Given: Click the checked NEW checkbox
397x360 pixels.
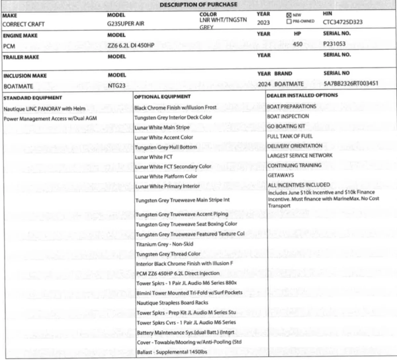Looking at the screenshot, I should tap(289, 15).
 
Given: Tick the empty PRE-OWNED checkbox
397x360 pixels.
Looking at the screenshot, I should tap(289, 21).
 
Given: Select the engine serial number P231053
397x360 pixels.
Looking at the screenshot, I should tap(334, 44).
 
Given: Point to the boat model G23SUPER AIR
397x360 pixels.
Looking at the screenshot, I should tap(126, 23).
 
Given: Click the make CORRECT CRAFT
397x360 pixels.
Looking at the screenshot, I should tap(24, 24).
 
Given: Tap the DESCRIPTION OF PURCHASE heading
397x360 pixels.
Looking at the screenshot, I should tap(198, 4).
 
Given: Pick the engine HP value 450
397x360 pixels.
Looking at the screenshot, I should tap(298, 44).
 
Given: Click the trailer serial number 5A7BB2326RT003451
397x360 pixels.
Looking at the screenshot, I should tap(351, 84).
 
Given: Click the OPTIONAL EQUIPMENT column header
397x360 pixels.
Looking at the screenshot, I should tap(162, 96).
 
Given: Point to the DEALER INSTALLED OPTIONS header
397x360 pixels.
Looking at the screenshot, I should tap(302, 95).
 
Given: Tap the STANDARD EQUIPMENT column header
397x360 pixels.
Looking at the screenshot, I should tap(33, 97).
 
